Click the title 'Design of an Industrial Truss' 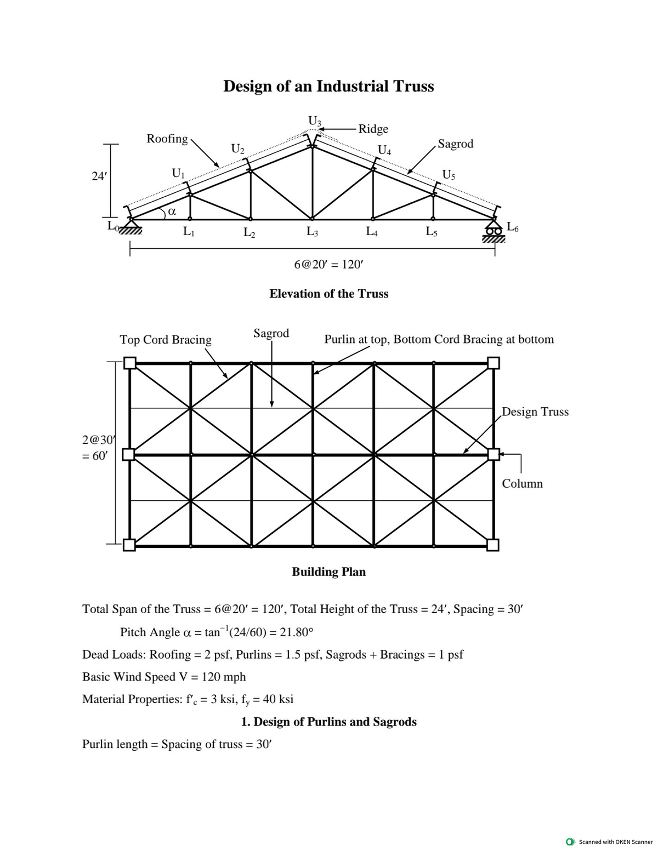tap(328, 87)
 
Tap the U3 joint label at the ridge tap(315, 120)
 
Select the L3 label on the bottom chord tap(312, 232)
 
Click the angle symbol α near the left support tap(171, 210)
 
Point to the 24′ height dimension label tap(99, 176)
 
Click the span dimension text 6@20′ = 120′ tap(328, 264)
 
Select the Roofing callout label tap(167, 139)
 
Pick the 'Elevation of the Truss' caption tap(328, 294)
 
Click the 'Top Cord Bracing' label tap(166, 340)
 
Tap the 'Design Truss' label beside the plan tap(535, 412)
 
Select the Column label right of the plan tap(522, 483)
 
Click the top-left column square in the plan tap(129, 363)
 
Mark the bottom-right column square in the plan tap(493, 545)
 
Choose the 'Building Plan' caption tap(328, 572)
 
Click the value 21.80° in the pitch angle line tap(296, 632)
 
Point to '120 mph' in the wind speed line tap(223, 677)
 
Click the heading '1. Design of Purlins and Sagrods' tap(328, 722)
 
